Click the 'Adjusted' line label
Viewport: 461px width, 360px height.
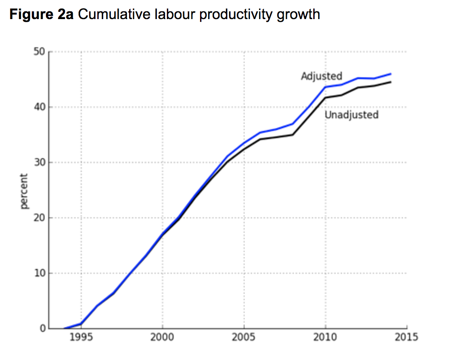coord(321,76)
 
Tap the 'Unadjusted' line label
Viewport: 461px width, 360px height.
coord(351,115)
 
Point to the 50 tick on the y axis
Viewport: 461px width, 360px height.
coord(39,52)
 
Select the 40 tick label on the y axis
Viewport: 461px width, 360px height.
coord(39,107)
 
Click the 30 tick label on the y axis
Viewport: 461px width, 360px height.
coord(39,163)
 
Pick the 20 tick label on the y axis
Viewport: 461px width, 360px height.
coord(39,218)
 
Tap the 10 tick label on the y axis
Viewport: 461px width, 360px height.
coord(39,273)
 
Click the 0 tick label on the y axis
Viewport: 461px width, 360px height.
coord(42,328)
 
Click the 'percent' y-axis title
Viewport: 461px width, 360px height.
coord(24,191)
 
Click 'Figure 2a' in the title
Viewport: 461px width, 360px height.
coord(41,14)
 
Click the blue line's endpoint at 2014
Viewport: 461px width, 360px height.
coord(391,74)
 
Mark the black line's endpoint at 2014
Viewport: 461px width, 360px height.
coord(391,82)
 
